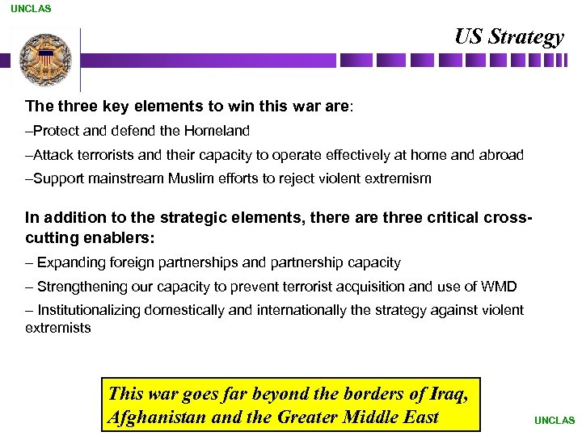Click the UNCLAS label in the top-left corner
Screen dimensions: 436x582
click(31, 9)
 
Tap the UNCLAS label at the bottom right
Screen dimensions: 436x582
click(554, 420)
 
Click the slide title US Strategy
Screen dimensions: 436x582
click(508, 37)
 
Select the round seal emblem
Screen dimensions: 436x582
click(45, 59)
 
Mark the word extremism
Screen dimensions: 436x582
click(396, 178)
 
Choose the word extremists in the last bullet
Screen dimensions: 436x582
click(58, 327)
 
